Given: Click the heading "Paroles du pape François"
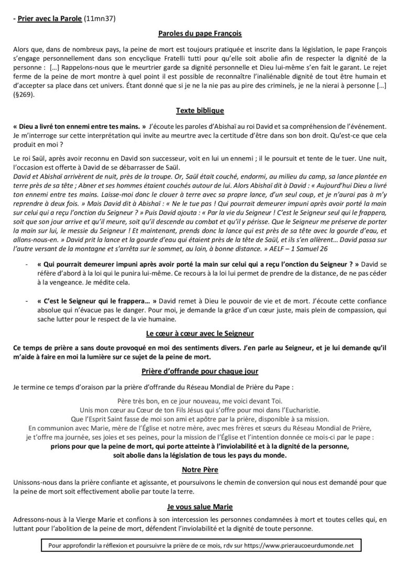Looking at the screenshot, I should (x=200, y=34).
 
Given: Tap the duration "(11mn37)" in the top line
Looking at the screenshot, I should (x=100, y=19).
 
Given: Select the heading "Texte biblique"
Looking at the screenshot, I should (x=200, y=111).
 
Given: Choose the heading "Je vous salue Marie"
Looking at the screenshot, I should (x=200, y=507).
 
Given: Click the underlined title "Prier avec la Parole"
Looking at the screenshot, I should (x=50, y=19).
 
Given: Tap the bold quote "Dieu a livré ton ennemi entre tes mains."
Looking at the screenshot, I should (x=79, y=126).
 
